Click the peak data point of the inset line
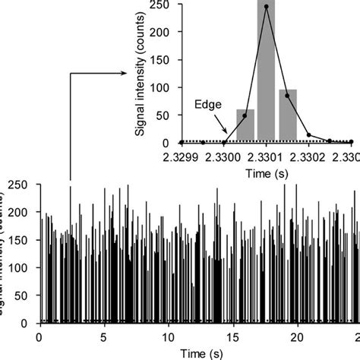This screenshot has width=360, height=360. (x=266, y=7)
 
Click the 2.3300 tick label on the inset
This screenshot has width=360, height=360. (x=224, y=156)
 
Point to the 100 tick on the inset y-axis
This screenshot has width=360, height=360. (x=164, y=87)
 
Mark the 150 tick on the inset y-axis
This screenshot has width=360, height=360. (x=164, y=59)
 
